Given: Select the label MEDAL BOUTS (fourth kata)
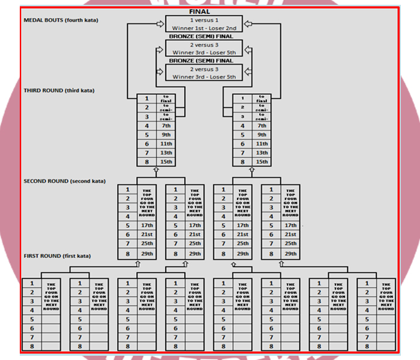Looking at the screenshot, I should click(x=61, y=20).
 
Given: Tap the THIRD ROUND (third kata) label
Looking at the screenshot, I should click(x=59, y=91).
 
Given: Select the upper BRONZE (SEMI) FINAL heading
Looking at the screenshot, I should click(x=200, y=36).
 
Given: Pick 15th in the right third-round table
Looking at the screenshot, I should click(x=262, y=161).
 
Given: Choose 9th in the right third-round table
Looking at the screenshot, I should click(x=262, y=135).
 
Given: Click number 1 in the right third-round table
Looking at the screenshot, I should click(x=242, y=98).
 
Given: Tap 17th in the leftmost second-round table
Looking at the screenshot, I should click(x=146, y=225).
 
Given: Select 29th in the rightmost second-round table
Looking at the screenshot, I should click(x=290, y=253).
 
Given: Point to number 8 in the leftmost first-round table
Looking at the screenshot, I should click(x=31, y=347).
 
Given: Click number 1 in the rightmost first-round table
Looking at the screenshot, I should click(x=367, y=283).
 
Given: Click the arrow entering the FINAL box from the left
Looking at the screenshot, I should click(x=160, y=25).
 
